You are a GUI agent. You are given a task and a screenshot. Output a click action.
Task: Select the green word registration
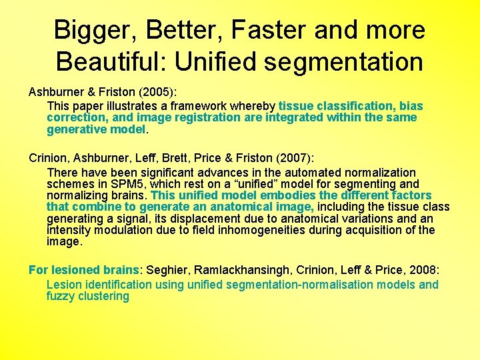click(x=209, y=117)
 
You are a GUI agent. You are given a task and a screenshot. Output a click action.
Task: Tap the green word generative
click(x=75, y=129)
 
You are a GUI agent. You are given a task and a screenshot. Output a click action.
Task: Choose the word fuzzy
click(x=61, y=296)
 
